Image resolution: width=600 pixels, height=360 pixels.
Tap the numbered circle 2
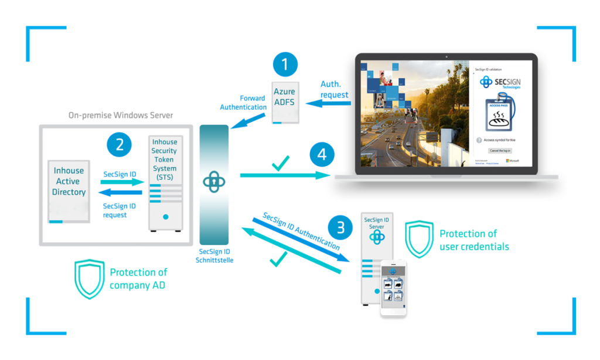(120, 144)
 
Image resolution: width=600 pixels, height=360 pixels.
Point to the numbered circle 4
(321, 155)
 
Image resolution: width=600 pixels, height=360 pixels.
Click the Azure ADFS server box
(284, 103)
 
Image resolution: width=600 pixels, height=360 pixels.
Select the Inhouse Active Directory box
(69, 191)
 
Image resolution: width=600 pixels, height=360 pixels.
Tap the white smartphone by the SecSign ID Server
(393, 287)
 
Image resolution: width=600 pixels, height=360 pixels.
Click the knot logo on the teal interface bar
(214, 182)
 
